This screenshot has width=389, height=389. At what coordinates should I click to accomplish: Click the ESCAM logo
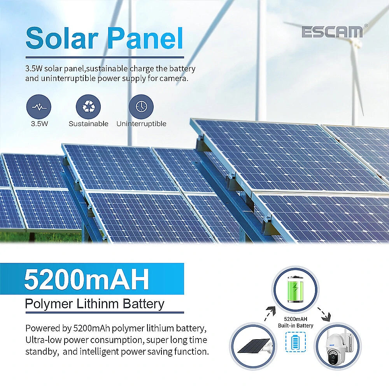(332, 32)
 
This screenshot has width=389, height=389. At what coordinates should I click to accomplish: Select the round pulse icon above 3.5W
(39, 107)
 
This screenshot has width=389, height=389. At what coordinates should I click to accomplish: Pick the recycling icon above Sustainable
(88, 107)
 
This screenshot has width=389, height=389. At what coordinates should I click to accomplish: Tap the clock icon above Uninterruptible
(141, 107)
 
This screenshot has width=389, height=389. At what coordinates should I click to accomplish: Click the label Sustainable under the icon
(88, 124)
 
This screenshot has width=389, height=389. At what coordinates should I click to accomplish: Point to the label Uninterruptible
(141, 124)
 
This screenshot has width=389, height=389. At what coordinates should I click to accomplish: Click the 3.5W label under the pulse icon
(39, 124)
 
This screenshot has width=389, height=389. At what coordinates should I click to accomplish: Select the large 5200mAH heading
(86, 279)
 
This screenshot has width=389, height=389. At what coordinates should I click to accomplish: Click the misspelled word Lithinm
(100, 303)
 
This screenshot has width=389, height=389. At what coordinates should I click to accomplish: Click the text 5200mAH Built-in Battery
(295, 322)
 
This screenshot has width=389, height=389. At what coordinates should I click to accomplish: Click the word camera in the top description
(174, 78)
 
